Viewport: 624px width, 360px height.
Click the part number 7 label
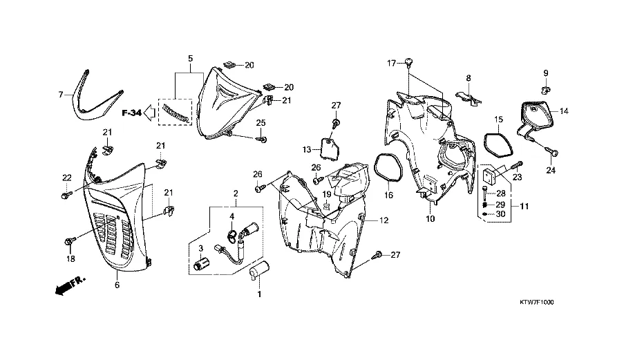tap(60, 94)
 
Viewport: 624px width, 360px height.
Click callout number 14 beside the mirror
tap(563, 111)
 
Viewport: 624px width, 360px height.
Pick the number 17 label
tap(390, 64)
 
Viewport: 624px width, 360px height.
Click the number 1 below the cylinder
tap(260, 294)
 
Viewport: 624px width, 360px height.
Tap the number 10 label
tap(430, 219)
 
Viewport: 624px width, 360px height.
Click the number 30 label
tap(501, 214)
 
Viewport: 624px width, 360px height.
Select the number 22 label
tap(67, 178)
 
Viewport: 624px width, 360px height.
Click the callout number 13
tap(307, 149)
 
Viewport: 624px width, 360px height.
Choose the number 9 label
tap(545, 73)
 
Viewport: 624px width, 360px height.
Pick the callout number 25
tap(261, 123)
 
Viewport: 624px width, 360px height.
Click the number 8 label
tap(468, 78)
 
